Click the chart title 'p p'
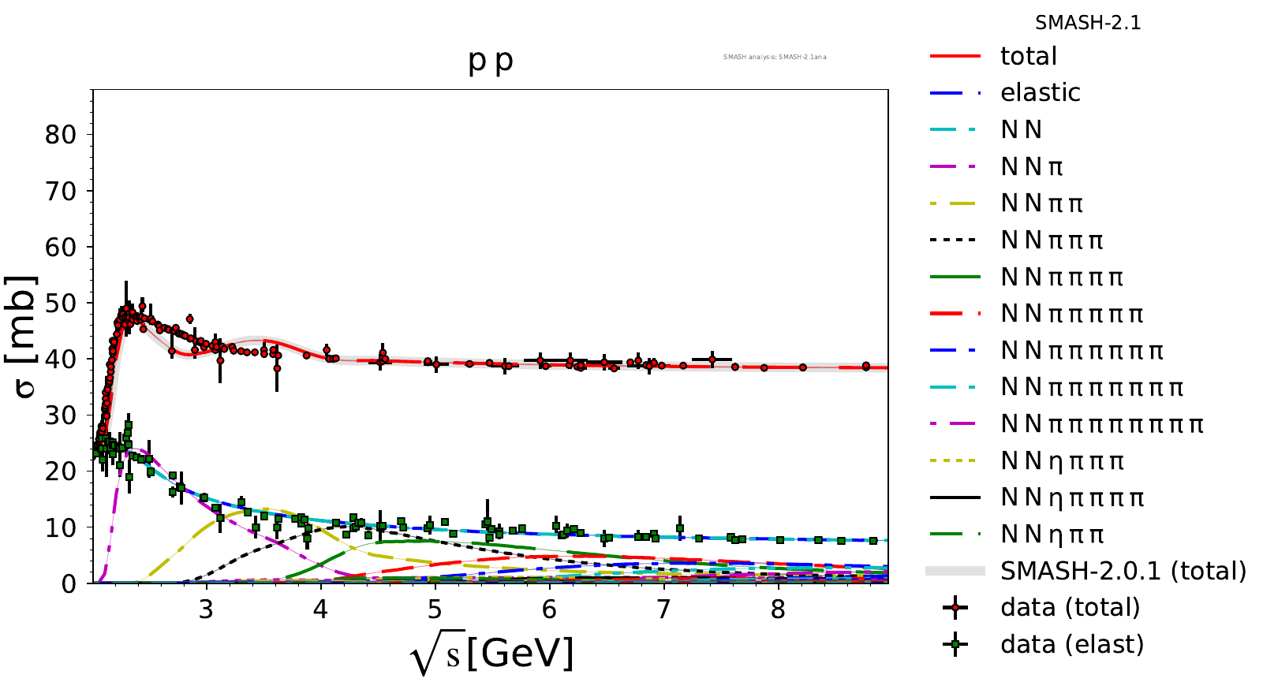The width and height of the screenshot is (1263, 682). point(491,61)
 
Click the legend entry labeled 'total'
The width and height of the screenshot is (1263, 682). point(1028,56)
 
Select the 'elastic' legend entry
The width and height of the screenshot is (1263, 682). point(1040,93)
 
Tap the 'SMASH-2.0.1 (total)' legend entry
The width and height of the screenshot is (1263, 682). point(1123,571)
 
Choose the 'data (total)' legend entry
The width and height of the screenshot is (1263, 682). point(1070,608)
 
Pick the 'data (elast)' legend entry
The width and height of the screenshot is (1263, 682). point(1071,645)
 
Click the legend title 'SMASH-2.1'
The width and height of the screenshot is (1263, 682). point(1088,23)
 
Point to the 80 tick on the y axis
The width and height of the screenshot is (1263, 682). point(61,135)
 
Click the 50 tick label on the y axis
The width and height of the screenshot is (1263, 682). point(61,304)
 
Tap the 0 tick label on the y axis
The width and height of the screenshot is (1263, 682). point(69,584)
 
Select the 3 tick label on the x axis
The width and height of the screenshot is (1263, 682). point(207,610)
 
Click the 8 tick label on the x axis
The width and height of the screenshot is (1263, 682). point(779,610)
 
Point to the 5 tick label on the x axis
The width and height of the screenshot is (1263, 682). point(435,610)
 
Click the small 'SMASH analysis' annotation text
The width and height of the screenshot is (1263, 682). point(775,57)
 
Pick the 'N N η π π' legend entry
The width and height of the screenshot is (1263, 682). point(1052,535)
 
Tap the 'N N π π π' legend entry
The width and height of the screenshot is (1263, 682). point(1052,240)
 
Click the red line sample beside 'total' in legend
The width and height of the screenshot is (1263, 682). point(955,56)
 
